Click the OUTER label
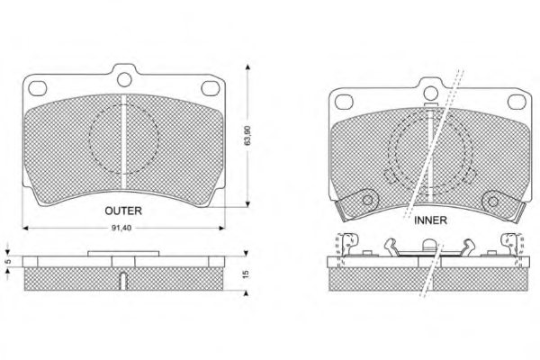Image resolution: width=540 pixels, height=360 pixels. point(123,211)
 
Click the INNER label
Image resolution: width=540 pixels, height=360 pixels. point(430,220)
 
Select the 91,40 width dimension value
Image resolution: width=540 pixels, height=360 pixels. point(121,228)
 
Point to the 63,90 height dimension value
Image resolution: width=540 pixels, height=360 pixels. point(247,135)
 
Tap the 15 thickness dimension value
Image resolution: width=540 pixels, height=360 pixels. point(246,274)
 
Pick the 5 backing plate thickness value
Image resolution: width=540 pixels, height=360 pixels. point(9,262)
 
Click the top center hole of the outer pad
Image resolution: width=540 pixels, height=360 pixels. point(124,80)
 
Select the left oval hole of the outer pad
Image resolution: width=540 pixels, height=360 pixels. point(38,88)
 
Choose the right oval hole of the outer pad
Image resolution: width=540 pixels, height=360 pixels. point(210,88)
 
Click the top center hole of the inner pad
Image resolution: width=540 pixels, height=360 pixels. point(430,94)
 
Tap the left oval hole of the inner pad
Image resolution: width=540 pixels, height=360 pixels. point(344,102)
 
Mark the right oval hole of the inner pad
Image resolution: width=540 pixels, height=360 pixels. point(517,102)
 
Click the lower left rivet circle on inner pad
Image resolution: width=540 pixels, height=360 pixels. point(367,201)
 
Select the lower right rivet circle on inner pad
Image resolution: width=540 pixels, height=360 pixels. point(493,202)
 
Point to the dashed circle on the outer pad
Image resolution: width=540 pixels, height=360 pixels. point(89,138)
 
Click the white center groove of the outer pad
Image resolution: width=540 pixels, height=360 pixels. point(124,141)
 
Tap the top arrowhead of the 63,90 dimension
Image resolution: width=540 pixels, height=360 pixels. point(247,67)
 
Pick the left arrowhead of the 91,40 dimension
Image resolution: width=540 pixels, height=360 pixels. point(25,228)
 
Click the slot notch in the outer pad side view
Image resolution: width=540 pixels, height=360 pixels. point(123,281)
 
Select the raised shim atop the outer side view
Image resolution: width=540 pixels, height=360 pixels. point(123,254)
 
